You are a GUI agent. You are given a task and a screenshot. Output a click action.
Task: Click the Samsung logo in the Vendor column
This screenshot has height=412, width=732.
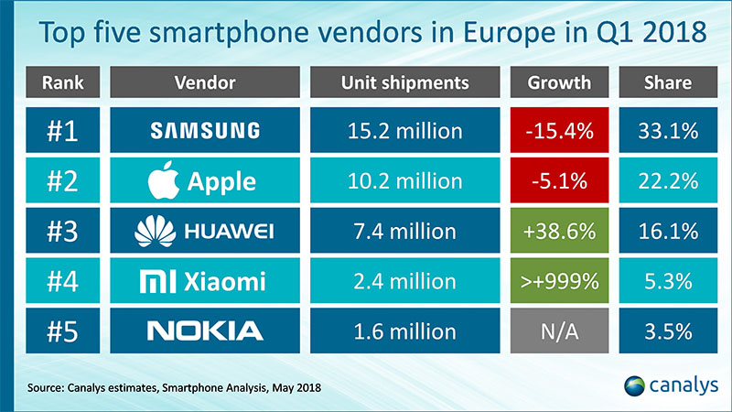[x=205, y=131]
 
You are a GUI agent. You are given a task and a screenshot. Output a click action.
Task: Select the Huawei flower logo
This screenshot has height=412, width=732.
[x=155, y=230]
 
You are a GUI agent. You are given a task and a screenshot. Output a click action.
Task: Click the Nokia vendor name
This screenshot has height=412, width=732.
[x=205, y=330]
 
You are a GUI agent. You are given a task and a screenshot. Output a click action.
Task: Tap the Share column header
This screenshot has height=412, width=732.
[x=667, y=82]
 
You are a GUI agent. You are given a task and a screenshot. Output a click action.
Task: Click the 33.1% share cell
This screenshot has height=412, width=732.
[x=667, y=131]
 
